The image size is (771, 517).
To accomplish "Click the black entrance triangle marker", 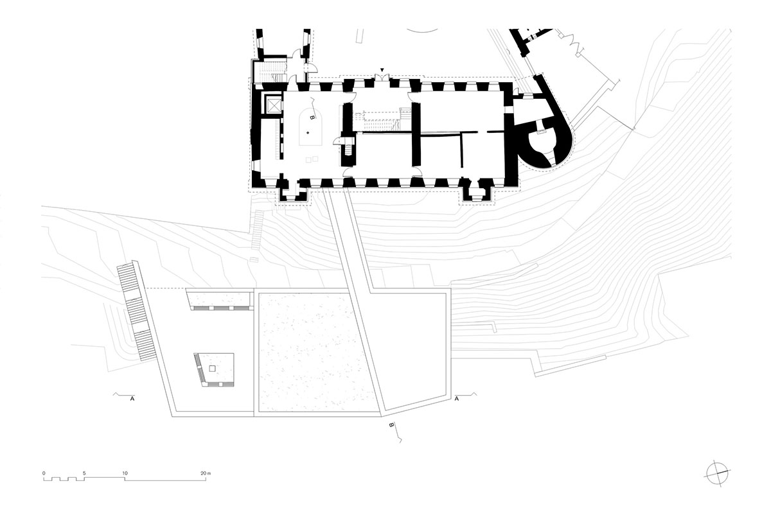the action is tap(382, 70).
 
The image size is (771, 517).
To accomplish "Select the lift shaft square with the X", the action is tap(274, 105).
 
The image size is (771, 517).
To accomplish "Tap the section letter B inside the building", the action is tap(312, 118).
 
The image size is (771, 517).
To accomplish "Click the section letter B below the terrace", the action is tap(391, 425).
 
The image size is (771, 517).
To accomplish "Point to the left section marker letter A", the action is tap(132, 399).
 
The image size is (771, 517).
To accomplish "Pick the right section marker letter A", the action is tap(457, 399).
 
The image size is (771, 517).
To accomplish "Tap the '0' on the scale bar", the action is tap(44, 473).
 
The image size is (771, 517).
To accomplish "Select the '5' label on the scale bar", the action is tap(84, 473).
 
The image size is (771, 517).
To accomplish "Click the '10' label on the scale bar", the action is tap(125, 473).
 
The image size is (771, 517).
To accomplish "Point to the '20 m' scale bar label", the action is tap(206, 473).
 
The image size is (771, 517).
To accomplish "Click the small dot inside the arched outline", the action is tap(308, 132).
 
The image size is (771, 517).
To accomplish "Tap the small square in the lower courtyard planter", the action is tap(213, 369).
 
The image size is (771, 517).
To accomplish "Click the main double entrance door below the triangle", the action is tap(382, 78).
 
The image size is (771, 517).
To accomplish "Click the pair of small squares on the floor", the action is tap(312, 159).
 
